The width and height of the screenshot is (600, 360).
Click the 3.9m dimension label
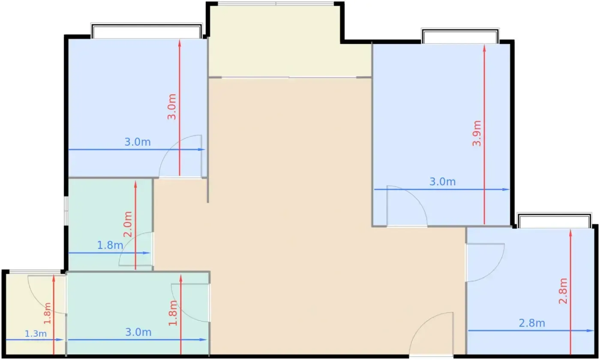(477, 133)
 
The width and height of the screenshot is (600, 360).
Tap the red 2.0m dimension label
(128, 224)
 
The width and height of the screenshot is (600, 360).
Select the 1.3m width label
(36, 334)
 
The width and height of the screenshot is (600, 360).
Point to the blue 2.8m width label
(532, 323)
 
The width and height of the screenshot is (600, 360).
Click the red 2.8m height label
(563, 291)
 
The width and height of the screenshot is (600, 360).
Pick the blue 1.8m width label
(110, 245)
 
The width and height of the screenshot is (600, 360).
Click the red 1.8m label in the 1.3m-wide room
(47, 313)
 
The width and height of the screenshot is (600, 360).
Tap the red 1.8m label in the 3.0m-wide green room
(173, 313)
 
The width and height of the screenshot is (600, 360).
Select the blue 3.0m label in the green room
(138, 333)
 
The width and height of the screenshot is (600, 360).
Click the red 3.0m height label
(172, 107)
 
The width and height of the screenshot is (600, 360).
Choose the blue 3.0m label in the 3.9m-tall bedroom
(442, 182)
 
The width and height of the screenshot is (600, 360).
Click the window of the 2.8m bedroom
(555, 221)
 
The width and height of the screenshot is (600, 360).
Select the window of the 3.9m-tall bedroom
(460, 36)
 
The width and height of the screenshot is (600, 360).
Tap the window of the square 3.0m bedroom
(147, 31)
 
